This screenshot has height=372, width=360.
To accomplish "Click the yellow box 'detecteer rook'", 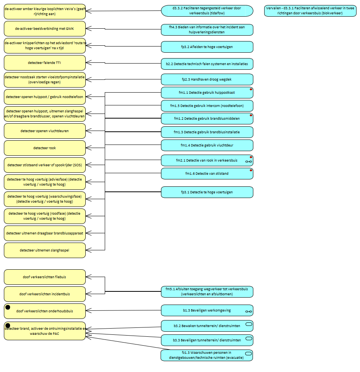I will [x=45, y=148].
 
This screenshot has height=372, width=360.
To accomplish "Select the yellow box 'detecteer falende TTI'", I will [x=45, y=63].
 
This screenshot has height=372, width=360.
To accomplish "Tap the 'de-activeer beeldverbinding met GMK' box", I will [x=45, y=29].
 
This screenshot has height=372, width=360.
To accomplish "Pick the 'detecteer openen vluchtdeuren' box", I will [x=45, y=131].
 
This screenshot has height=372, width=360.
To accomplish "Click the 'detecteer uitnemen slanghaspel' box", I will [x=45, y=250].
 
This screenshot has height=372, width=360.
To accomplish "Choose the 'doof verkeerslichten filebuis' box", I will [x=45, y=277].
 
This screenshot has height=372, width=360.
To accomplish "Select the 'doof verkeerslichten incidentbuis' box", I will [x=45, y=294].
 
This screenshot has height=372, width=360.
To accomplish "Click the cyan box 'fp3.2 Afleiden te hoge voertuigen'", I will [x=207, y=46].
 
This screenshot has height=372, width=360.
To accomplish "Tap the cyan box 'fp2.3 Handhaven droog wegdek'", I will [x=207, y=79].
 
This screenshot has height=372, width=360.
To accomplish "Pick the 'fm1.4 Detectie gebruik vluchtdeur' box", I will [x=207, y=145].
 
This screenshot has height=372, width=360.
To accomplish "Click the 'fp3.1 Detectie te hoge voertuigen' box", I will [x=207, y=192].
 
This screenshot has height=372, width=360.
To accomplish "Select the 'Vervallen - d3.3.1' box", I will [x=310, y=10].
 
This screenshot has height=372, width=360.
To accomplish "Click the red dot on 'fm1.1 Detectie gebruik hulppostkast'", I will [x=251, y=90].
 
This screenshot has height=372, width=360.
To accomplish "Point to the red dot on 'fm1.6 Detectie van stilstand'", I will [x=251, y=170].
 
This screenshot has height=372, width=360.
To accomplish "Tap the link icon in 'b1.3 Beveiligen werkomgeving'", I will [x=249, y=312].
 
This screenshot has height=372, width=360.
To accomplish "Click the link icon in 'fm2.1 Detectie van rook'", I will [x=249, y=161].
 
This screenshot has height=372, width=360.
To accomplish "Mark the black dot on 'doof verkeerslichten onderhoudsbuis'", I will [x=7, y=307].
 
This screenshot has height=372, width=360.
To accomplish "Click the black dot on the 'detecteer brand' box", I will [x=7, y=325].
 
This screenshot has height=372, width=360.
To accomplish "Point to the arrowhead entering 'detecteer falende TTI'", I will [x=87, y=62].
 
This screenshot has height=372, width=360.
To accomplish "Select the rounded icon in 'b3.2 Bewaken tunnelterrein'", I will [x=249, y=324].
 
